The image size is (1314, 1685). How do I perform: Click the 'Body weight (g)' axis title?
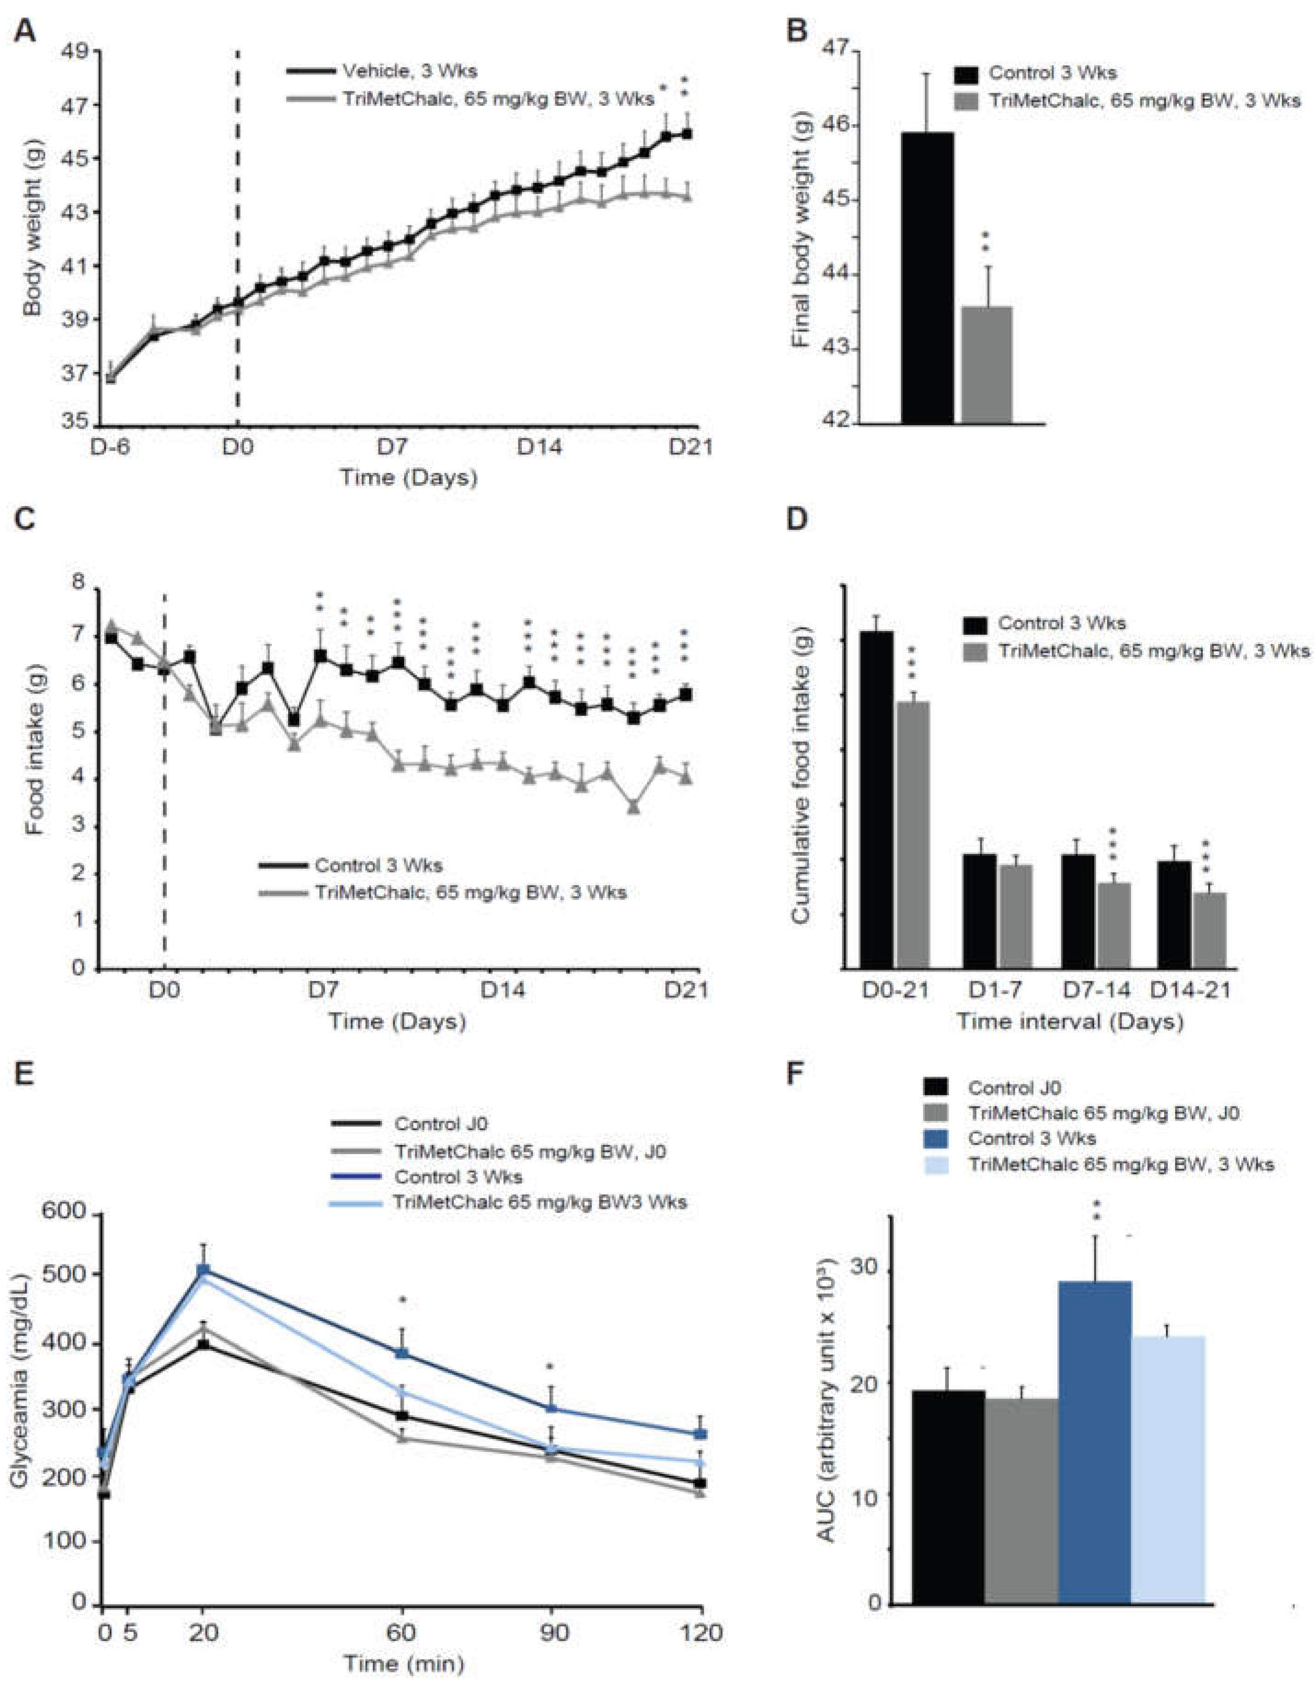pos(33,239)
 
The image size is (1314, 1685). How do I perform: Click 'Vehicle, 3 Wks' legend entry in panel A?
pos(409,71)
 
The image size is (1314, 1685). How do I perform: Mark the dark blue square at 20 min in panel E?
pos(204,1270)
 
